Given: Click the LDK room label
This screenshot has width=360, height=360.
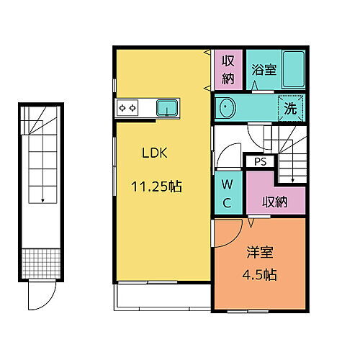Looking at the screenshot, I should tap(153, 153).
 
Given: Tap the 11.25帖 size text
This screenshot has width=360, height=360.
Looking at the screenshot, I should tap(156, 186).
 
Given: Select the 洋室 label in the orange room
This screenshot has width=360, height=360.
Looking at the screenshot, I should tap(260, 253).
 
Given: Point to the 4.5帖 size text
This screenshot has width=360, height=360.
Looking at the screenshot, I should tap(260, 274).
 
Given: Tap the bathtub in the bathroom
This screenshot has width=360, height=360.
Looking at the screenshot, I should tap(291, 71).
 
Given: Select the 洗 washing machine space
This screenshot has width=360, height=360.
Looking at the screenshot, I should tap(291, 108).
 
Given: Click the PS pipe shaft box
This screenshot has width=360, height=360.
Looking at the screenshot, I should tap(260, 162).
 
